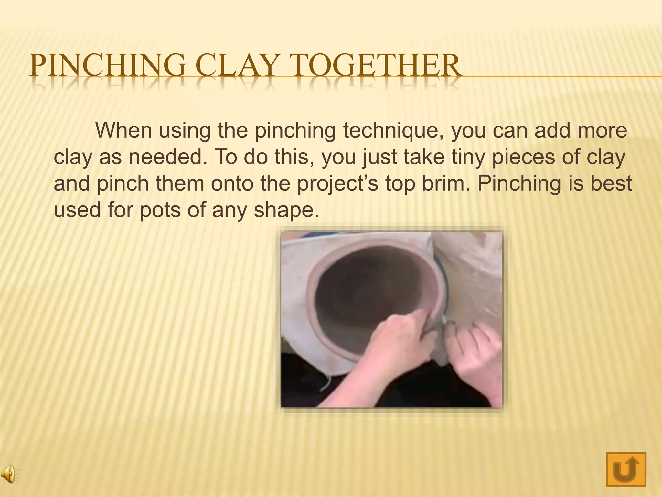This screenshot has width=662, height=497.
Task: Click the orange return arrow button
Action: point(626,469)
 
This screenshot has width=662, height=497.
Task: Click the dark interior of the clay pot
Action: point(365,291)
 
